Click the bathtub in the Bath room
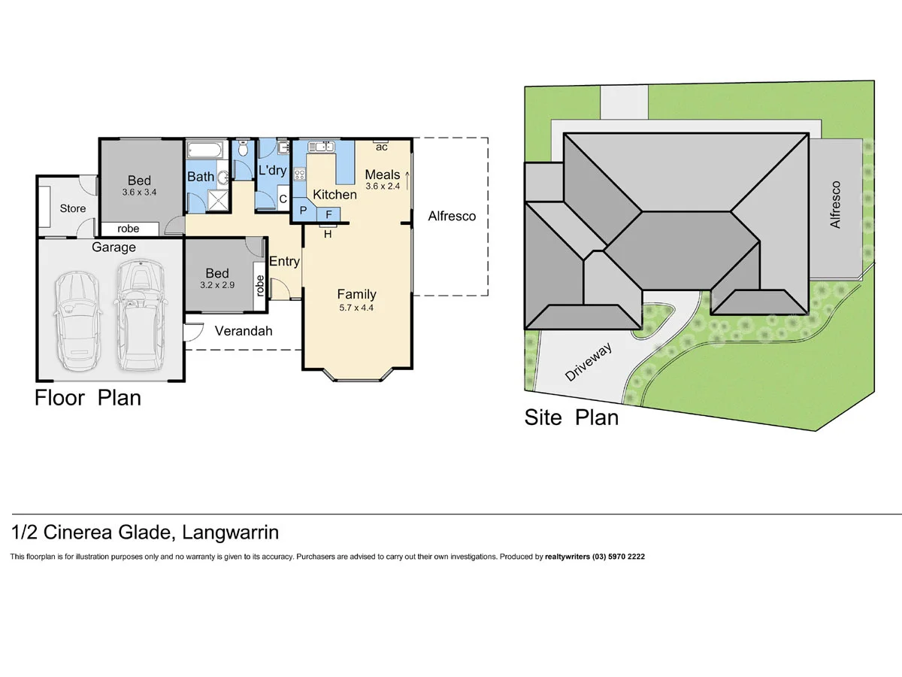click(x=204, y=150)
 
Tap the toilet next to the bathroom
click(x=243, y=150)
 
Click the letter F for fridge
click(x=328, y=214)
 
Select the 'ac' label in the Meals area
click(x=382, y=147)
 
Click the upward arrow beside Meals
click(x=407, y=180)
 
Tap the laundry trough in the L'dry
click(x=283, y=147)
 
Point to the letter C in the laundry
click(x=283, y=199)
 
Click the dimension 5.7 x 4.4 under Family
click(x=356, y=307)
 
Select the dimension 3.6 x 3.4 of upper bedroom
click(x=139, y=193)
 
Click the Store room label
click(x=73, y=208)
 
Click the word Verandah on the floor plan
click(x=243, y=331)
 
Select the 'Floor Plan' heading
click(x=88, y=398)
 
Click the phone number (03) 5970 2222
click(x=619, y=557)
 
